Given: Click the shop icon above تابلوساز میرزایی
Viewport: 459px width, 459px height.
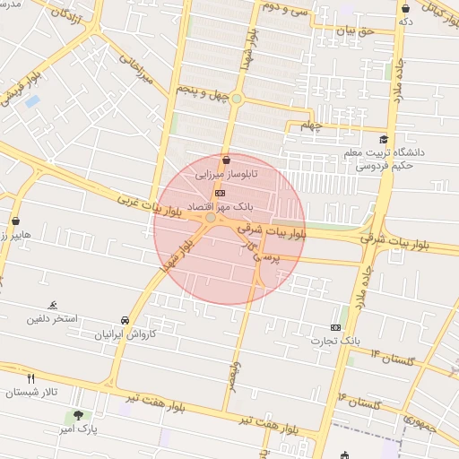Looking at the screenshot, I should click(x=225, y=160).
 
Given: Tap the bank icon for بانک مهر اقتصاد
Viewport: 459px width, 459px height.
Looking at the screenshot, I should click(x=221, y=193).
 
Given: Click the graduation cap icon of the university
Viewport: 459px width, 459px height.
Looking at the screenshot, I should click(x=384, y=139).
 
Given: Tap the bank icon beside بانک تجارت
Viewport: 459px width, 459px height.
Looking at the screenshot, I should click(x=336, y=327).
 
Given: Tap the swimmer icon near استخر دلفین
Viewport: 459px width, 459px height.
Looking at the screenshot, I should click(x=53, y=305).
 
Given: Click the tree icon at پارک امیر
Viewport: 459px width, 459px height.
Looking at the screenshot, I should click(x=79, y=415).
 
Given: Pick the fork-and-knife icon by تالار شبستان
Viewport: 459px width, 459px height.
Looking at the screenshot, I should click(x=31, y=379).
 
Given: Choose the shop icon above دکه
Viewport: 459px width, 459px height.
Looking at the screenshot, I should click(x=406, y=8).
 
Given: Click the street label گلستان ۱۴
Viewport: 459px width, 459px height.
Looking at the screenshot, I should click(x=394, y=357).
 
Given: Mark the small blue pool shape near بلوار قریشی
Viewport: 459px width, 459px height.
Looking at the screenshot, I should click(x=33, y=100).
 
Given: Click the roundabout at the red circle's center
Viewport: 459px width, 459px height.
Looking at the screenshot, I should click(x=211, y=218).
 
